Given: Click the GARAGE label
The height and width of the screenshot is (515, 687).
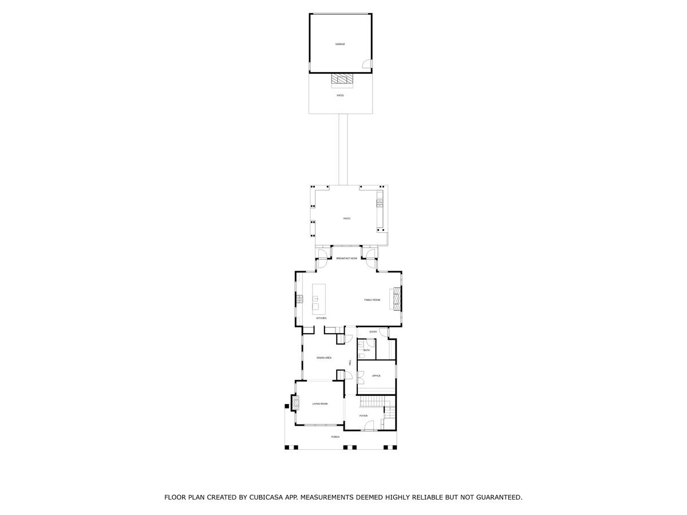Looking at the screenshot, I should coord(340,44).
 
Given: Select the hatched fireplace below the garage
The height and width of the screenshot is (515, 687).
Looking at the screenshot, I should coord(341,80).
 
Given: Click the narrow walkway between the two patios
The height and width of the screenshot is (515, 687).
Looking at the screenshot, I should coord(343,149).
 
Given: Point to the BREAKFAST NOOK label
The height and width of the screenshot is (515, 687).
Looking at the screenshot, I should coord(347,259).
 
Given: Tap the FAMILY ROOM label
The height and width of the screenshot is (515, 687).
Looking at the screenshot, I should coord(372,300).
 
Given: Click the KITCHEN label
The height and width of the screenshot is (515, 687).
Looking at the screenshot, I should coord(321,318).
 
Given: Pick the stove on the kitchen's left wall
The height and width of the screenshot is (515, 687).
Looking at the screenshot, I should coord(299,298).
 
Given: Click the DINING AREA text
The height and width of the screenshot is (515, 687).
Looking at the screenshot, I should coord(324,358).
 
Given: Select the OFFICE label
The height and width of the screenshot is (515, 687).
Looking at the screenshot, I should coord(376,376).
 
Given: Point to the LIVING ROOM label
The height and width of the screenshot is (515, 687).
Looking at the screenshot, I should coord(320,404).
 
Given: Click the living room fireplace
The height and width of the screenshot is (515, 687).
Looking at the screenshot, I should coord(296,404).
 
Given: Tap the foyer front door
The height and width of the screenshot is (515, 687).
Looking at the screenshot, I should coord(369,426).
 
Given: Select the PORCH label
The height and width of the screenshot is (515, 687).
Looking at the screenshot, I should coord(335,437).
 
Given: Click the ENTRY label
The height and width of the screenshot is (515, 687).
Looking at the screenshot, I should coord(373,332).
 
